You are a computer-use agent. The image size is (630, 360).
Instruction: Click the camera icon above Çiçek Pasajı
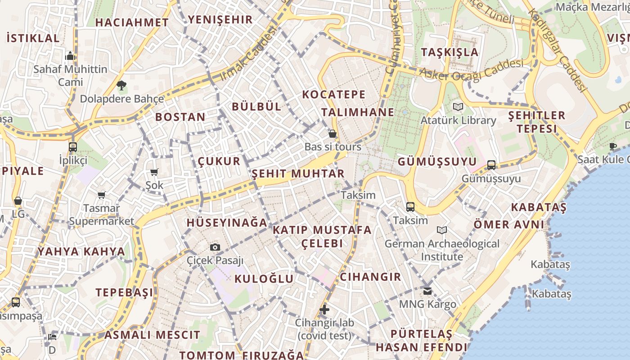pos(215,247)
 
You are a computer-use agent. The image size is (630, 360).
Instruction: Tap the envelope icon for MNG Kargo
pos(427,291)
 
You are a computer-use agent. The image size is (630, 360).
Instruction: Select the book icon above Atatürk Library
pos(458,107)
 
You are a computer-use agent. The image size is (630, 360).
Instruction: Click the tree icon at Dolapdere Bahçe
pos(121,85)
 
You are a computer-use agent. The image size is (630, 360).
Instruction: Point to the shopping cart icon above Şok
pos(154,172)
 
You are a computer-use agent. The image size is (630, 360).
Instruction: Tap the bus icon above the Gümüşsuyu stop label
pos(491,165)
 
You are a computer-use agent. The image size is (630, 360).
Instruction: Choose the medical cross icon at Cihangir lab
pos(324,310)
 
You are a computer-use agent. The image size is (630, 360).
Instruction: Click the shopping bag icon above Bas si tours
pos(333,134)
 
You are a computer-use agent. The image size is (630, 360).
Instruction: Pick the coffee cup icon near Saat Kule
pos(612,146)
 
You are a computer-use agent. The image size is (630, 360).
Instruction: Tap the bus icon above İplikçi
pos(73,147)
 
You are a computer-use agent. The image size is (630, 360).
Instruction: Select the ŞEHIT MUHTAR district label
pos(298,174)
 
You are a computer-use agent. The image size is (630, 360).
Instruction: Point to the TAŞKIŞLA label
pos(450,52)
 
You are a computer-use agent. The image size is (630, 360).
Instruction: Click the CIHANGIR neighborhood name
pos(370,277)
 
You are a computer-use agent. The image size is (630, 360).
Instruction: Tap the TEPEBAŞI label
pos(124,292)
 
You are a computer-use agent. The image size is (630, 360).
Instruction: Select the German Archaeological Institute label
pos(442,250)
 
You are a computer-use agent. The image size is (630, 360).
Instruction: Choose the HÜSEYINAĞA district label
pos(227,222)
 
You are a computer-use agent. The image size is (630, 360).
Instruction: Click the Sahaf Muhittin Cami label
pos(71,76)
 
